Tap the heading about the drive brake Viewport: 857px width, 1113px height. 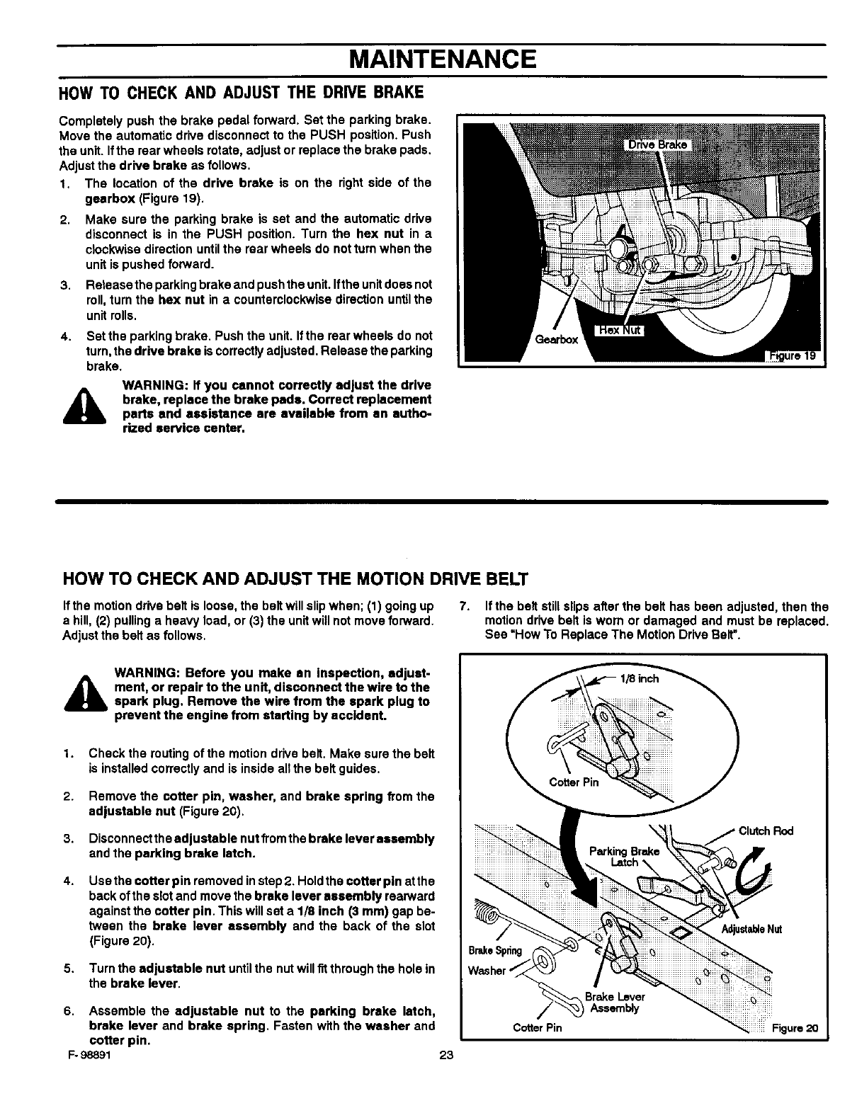point(243,93)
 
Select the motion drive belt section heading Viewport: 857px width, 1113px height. point(295,579)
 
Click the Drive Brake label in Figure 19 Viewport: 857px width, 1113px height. point(658,145)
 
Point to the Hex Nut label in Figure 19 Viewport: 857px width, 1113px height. point(617,331)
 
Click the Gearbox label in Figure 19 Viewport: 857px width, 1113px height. point(557,339)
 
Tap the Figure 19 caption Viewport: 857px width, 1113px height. point(795,356)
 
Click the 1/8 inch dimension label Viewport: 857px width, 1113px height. point(639,678)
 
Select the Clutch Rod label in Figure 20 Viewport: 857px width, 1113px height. point(766,831)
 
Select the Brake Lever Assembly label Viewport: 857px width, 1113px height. point(615,1003)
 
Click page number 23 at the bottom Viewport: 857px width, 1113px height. point(445,1054)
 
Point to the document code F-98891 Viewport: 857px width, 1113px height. point(84,1054)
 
